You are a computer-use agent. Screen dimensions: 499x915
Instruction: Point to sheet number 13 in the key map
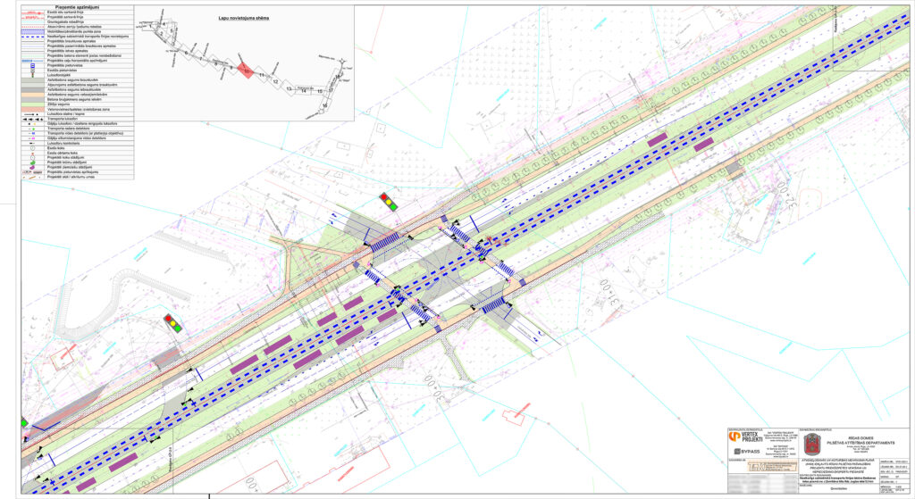tap(290, 89)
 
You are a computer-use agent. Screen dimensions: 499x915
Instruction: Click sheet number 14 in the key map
tap(304, 91)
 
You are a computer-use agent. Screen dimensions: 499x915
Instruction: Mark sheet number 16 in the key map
tap(325, 106)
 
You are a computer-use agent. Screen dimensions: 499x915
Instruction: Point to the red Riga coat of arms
tap(811, 444)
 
